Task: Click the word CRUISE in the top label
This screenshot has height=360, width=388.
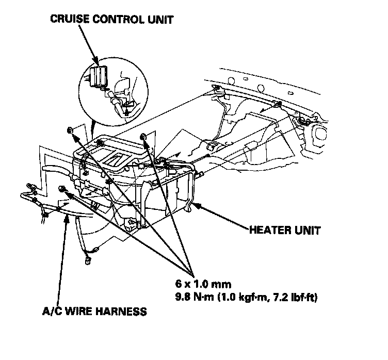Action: click(x=69, y=20)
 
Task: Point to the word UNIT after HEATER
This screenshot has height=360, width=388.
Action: click(x=307, y=231)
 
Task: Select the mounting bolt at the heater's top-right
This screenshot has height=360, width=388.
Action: click(x=143, y=136)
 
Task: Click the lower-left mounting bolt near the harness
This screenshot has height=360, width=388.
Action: click(x=63, y=188)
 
